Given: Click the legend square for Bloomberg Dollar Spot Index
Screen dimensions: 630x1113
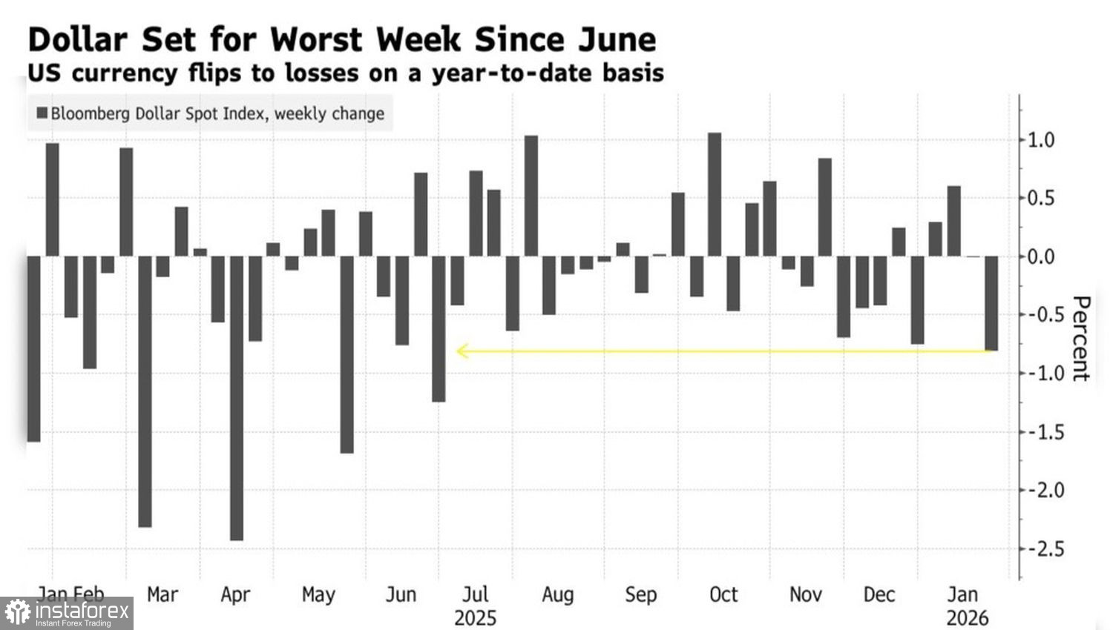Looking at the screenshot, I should [42, 113].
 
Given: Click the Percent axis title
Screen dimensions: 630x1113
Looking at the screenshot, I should [1080, 339].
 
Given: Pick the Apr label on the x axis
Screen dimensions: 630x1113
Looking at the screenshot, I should [235, 594].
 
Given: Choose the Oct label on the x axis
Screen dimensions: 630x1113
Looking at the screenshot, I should [723, 594].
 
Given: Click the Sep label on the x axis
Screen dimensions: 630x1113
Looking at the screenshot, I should [640, 594].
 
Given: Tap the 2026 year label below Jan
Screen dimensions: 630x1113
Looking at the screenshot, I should [967, 618].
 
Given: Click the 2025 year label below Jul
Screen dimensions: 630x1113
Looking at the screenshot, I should [475, 618].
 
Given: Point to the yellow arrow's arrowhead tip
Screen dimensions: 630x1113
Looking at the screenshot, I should [458, 351].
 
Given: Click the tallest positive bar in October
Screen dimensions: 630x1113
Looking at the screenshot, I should [715, 194].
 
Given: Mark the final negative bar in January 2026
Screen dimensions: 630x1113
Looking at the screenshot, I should [991, 303].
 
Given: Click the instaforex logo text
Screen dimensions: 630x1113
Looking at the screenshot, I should [82, 611].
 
